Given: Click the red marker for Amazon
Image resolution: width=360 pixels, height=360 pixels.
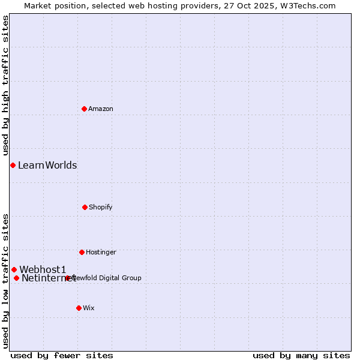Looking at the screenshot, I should pyautogui.click(x=85, y=109).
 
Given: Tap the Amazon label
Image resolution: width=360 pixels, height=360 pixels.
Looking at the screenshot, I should pyautogui.click(x=101, y=109).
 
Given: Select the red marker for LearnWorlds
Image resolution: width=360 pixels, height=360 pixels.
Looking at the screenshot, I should pyautogui.click(x=13, y=165).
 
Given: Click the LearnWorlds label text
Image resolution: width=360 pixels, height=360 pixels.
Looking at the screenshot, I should pyautogui.click(x=47, y=165).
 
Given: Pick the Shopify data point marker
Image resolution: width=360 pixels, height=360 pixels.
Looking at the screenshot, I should pyautogui.click(x=85, y=207).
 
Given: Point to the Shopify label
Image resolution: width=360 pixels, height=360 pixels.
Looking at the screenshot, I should pyautogui.click(x=101, y=207).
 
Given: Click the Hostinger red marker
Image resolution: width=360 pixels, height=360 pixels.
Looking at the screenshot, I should pyautogui.click(x=82, y=252).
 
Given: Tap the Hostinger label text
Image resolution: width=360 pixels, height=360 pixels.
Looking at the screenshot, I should pyautogui.click(x=101, y=252).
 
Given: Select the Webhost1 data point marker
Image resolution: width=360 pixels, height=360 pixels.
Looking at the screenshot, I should pyautogui.click(x=14, y=269).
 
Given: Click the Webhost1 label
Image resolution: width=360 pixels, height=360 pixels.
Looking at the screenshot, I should pyautogui.click(x=43, y=269).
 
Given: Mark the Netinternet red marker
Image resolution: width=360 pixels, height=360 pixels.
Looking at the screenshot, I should pyautogui.click(x=16, y=278).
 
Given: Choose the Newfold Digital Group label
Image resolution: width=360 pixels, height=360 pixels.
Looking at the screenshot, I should pyautogui.click(x=108, y=278).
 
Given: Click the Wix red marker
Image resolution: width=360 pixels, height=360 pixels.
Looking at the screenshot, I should pyautogui.click(x=79, y=308).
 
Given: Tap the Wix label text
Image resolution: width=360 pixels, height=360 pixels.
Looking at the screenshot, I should pyautogui.click(x=89, y=308).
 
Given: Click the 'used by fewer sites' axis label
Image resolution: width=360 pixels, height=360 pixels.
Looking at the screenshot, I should pyautogui.click(x=62, y=355).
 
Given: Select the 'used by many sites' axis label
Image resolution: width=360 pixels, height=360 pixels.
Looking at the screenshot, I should pyautogui.click(x=301, y=355).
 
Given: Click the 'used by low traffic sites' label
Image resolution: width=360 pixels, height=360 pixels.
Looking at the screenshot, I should pyautogui.click(x=5, y=281).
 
